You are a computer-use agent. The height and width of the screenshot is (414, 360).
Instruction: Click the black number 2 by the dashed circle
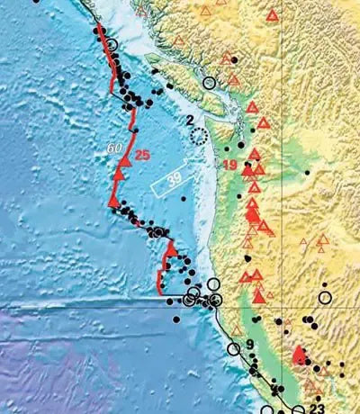point(190,120)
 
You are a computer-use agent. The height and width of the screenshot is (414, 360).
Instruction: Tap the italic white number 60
point(114,148)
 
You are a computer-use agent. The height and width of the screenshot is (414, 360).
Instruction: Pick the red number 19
point(229,165)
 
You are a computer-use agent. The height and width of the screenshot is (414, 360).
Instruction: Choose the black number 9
point(251,342)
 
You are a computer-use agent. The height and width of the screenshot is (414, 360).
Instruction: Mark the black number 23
point(316,408)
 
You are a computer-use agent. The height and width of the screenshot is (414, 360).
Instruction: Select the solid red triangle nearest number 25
point(120,159)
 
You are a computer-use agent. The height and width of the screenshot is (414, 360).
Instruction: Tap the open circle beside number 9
point(234,349)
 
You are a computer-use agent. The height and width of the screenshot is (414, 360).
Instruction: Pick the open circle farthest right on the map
point(325,296)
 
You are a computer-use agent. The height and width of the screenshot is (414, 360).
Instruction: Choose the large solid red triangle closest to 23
point(300,355)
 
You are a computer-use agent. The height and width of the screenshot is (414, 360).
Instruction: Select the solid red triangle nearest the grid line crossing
point(259,295)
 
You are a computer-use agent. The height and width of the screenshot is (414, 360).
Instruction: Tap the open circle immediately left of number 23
point(298,410)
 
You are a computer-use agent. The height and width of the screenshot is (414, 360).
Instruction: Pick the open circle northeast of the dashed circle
point(210,83)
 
